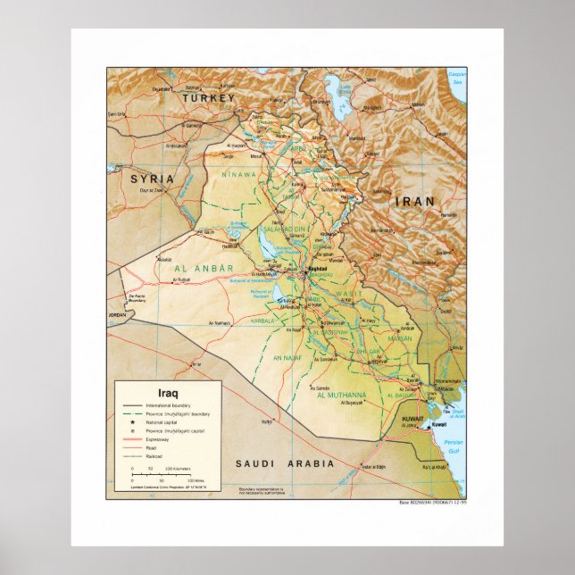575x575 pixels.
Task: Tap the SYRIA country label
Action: coord(150,179)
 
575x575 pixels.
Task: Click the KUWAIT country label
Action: coord(412,417)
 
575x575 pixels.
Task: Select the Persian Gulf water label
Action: coord(454,445)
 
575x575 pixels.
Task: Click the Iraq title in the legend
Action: coord(168,392)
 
